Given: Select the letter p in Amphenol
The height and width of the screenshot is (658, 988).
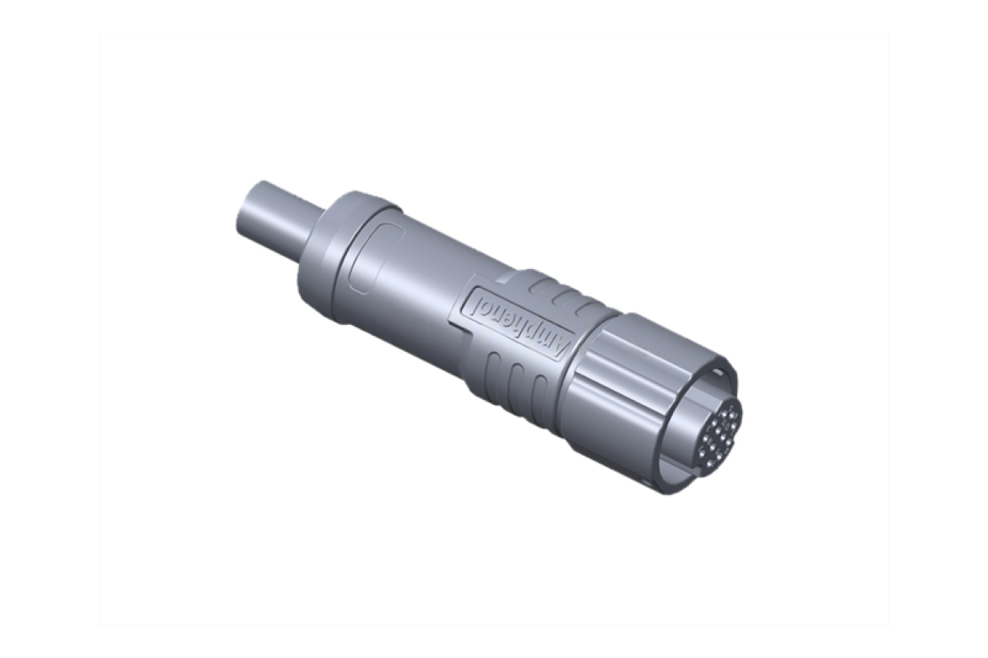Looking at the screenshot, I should coord(537,332).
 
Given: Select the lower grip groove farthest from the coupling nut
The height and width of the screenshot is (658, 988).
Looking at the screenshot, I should coord(492,364).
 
